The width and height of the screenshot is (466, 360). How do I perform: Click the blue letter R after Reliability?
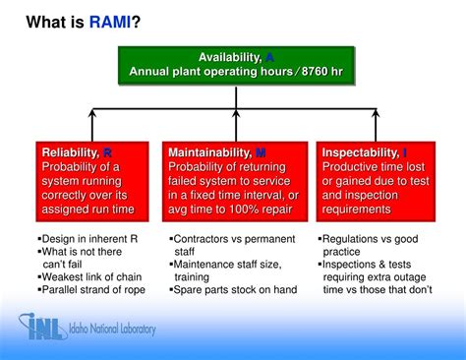coord(107,152)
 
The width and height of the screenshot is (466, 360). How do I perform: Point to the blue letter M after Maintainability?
coord(261,152)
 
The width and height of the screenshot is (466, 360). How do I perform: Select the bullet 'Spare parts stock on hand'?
coord(234,291)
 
